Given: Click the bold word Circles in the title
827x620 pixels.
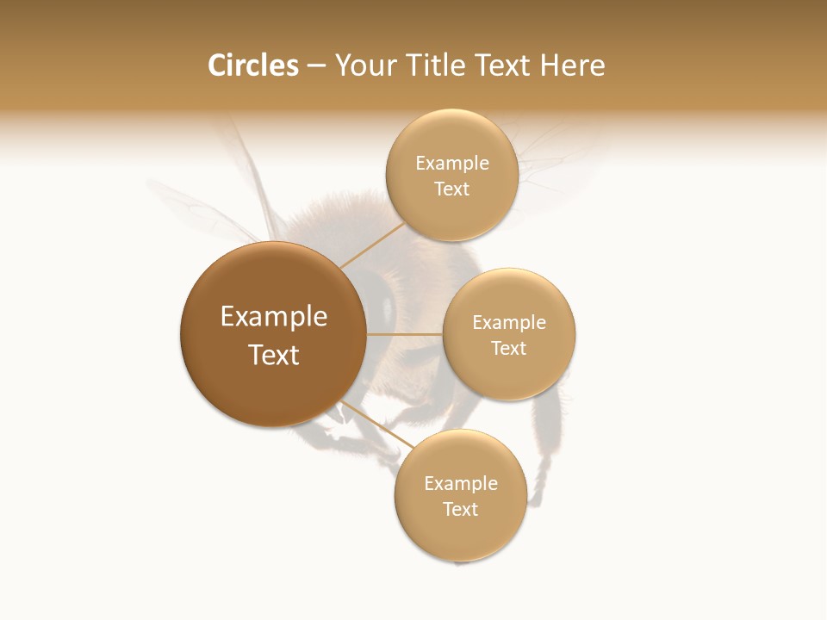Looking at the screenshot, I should pyautogui.click(x=252, y=65).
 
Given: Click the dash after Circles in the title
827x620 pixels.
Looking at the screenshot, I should pyautogui.click(x=316, y=66).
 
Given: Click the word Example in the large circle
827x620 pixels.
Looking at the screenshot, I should pyautogui.click(x=274, y=317).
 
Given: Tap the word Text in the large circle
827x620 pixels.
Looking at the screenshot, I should pyautogui.click(x=274, y=355).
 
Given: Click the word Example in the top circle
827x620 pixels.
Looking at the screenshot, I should pyautogui.click(x=451, y=164).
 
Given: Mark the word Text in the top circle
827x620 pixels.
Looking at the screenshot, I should pyautogui.click(x=451, y=189).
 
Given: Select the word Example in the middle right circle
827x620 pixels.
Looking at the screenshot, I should pyautogui.click(x=508, y=323).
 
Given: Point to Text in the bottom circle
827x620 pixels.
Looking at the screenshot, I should pyautogui.click(x=460, y=510).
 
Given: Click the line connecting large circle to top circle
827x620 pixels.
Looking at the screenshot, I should pyautogui.click(x=372, y=245).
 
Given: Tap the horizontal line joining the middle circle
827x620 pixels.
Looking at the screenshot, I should pyautogui.click(x=404, y=334).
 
